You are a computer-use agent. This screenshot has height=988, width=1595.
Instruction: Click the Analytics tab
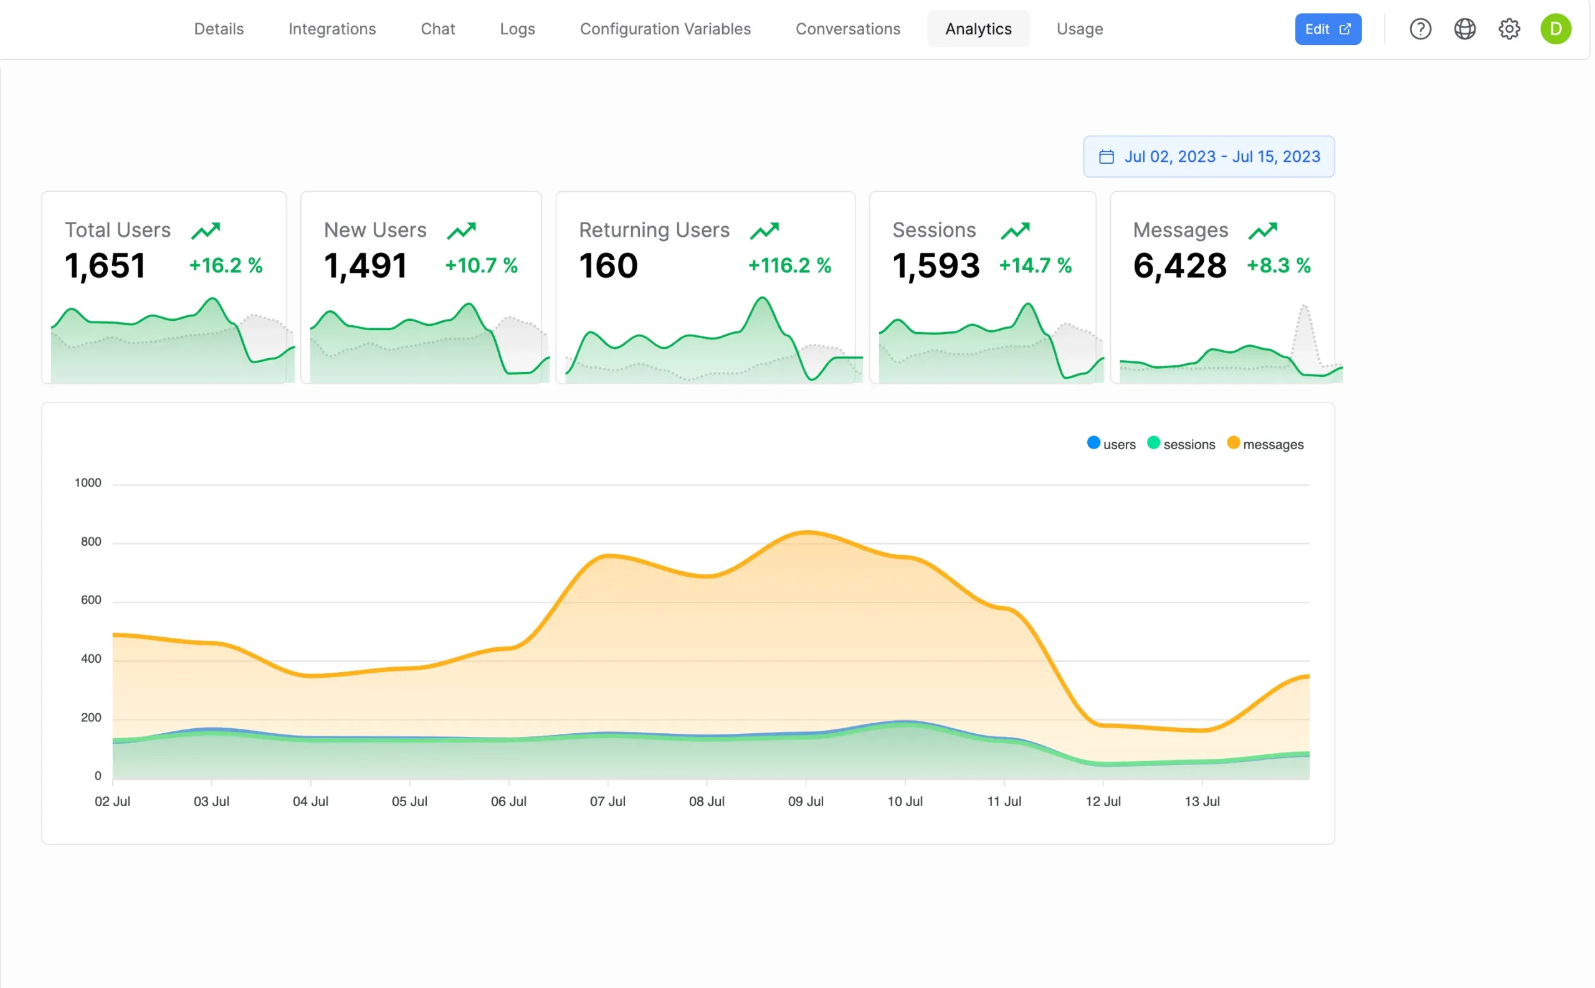point(978,29)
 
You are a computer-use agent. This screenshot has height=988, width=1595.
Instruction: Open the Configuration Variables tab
point(665,29)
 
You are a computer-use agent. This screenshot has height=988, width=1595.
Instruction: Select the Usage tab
point(1080,29)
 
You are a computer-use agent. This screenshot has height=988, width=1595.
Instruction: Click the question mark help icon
point(1420,29)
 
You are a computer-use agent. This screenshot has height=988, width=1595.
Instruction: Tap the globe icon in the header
point(1464,29)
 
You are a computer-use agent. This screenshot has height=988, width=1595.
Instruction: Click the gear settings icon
point(1509,29)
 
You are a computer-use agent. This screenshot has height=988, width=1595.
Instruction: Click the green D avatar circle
point(1555,29)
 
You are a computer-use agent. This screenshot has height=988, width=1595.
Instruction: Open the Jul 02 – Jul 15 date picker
point(1208,157)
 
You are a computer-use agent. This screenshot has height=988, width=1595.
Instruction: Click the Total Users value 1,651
point(105,265)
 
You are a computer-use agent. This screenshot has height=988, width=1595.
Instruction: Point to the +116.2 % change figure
point(789,265)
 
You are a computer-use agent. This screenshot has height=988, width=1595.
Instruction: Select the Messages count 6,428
point(1179,265)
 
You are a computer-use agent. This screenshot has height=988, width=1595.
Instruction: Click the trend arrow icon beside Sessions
point(1015,230)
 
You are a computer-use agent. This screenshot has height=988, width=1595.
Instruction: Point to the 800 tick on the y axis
point(91,542)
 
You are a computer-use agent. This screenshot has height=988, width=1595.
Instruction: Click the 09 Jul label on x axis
point(806,801)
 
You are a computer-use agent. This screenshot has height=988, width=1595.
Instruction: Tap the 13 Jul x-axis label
point(1202,801)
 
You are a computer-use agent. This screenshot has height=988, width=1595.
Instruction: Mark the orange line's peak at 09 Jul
point(807,533)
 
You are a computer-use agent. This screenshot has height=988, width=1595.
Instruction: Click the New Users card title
point(375,230)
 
